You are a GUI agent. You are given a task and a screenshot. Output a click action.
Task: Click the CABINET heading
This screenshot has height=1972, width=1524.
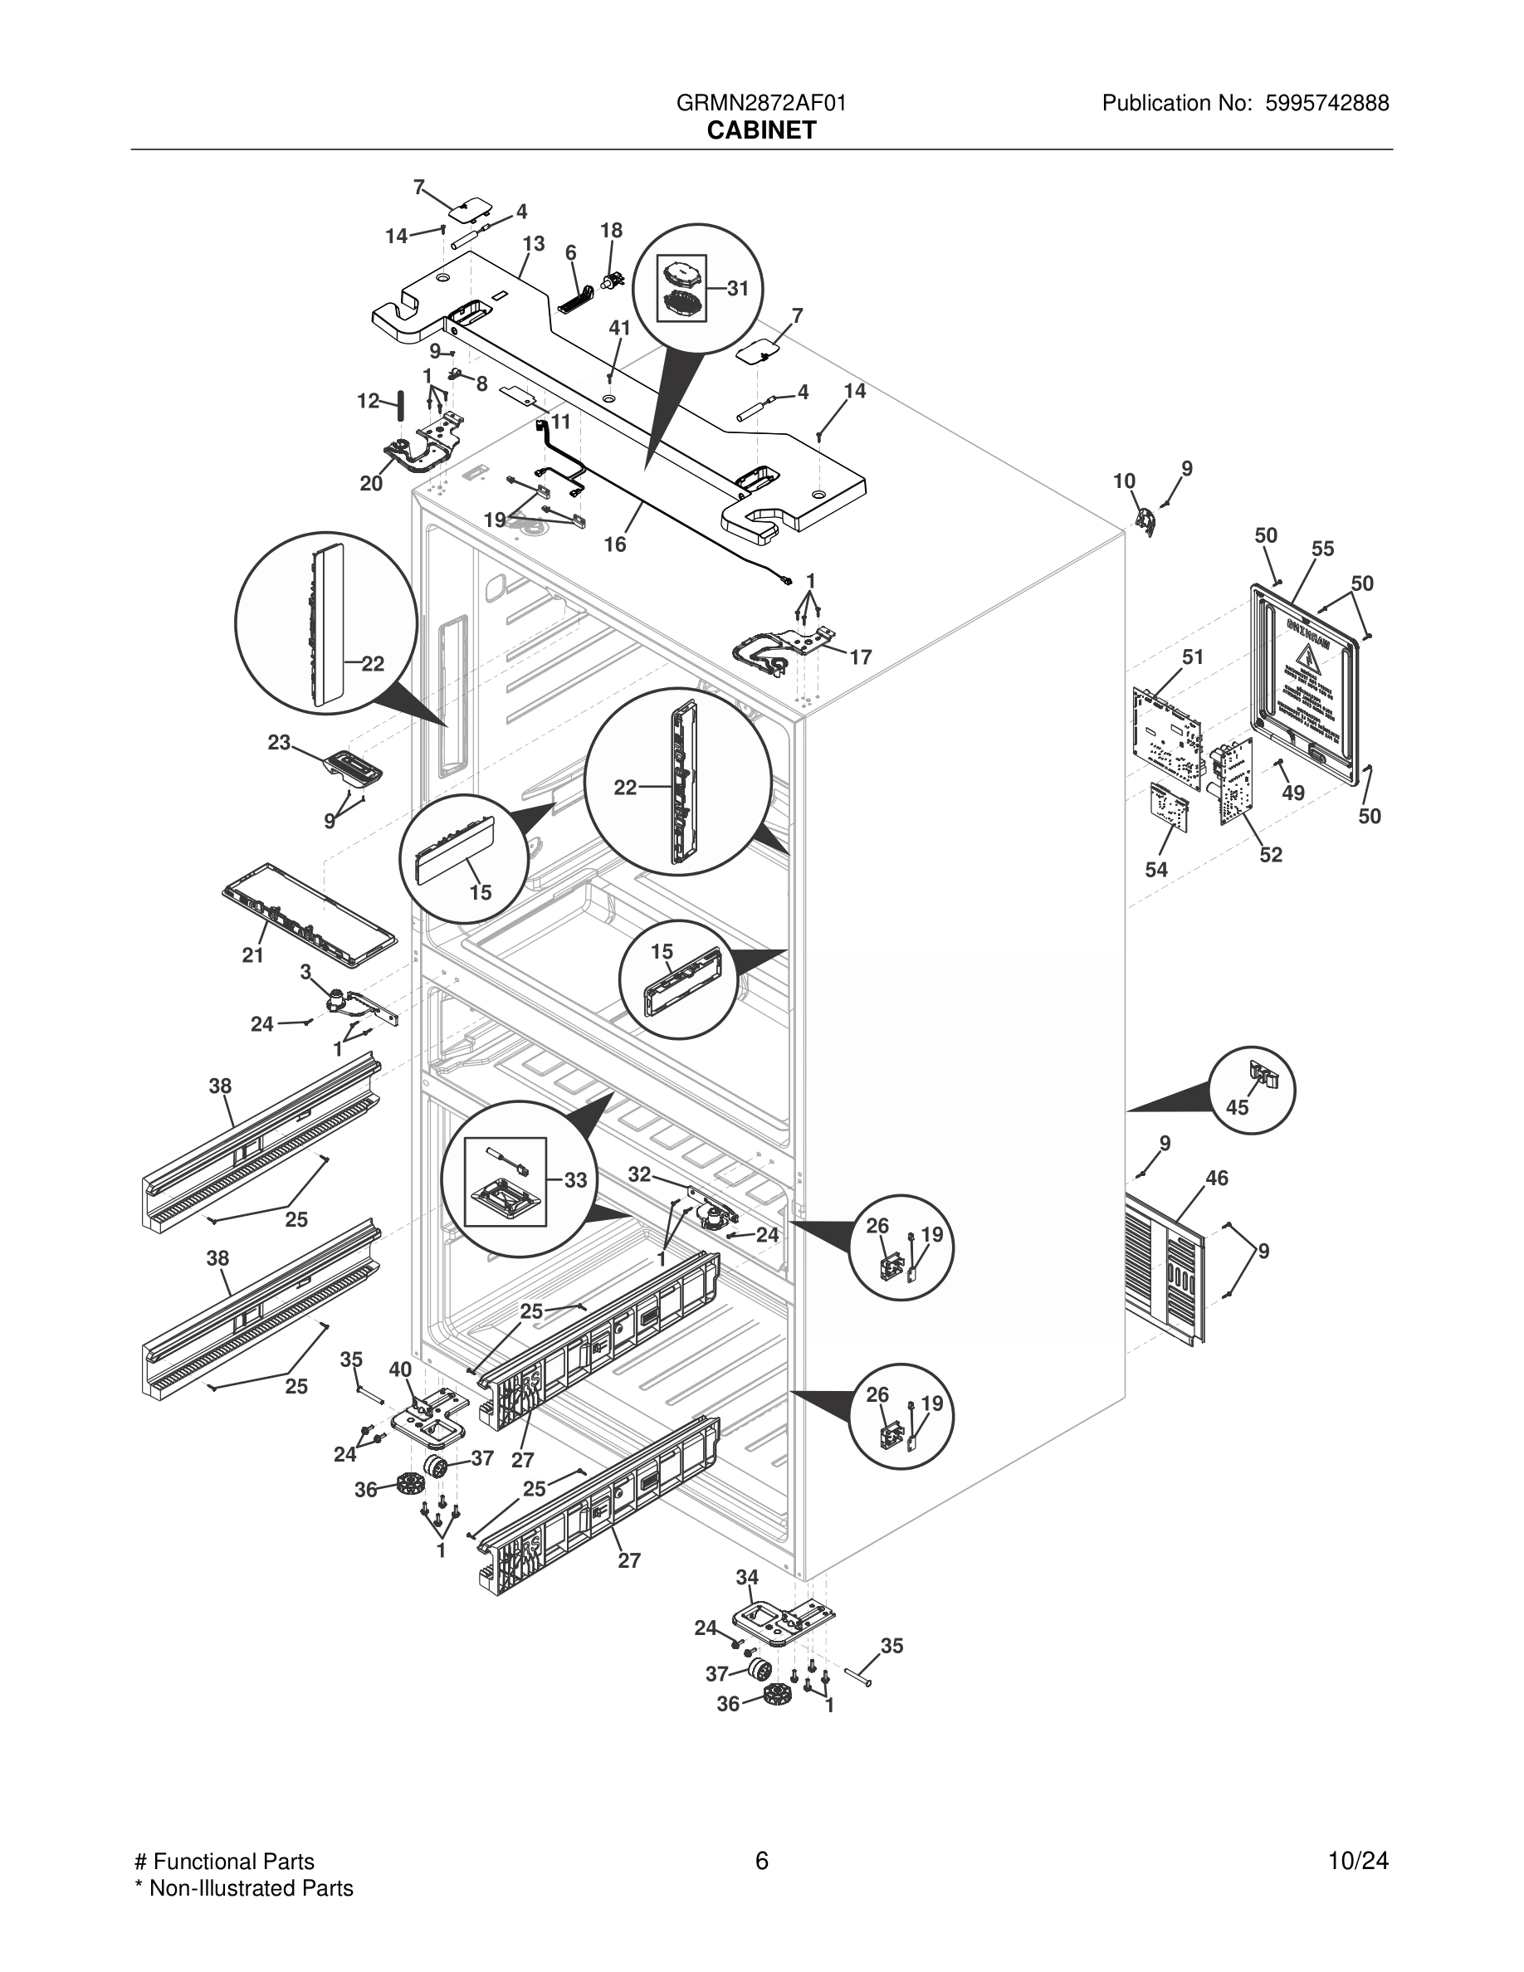pyautogui.click(x=761, y=131)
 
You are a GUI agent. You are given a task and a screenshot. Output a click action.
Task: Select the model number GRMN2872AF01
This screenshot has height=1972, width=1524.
pyautogui.click(x=761, y=103)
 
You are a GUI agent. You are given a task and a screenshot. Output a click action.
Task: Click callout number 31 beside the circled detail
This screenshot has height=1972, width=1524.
pyautogui.click(x=738, y=288)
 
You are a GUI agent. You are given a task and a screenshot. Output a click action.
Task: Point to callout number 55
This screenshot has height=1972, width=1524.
pyautogui.click(x=1322, y=549)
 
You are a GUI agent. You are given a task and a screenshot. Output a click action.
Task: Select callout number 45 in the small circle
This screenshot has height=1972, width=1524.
pyautogui.click(x=1236, y=1107)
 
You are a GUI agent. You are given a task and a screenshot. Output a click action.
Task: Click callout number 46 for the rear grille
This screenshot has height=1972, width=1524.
pyautogui.click(x=1216, y=1178)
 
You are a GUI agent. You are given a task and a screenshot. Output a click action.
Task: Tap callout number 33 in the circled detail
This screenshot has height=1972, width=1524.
pyautogui.click(x=575, y=1180)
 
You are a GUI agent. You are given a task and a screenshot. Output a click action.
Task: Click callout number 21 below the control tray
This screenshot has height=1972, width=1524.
pyautogui.click(x=253, y=955)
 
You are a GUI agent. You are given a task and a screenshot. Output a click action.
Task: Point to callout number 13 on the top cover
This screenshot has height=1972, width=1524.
pyautogui.click(x=534, y=244)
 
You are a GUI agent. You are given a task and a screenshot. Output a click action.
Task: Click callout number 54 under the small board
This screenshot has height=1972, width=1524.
pyautogui.click(x=1155, y=870)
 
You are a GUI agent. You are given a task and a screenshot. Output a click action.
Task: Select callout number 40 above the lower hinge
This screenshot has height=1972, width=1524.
pyautogui.click(x=400, y=1369)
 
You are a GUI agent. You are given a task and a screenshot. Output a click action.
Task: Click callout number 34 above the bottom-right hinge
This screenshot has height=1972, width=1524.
pyautogui.click(x=747, y=1578)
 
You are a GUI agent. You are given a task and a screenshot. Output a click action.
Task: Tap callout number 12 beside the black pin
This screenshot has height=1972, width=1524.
pyautogui.click(x=368, y=401)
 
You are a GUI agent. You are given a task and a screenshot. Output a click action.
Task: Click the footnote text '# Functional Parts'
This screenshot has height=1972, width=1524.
pyautogui.click(x=224, y=1862)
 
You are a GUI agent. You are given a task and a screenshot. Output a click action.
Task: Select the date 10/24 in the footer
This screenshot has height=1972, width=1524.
pyautogui.click(x=1358, y=1861)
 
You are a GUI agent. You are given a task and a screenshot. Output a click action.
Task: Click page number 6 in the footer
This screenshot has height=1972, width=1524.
pyautogui.click(x=761, y=1861)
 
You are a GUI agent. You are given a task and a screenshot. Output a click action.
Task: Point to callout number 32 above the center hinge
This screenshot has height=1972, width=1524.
pyautogui.click(x=639, y=1174)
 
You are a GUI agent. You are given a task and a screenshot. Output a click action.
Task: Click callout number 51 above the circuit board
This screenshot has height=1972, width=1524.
pyautogui.click(x=1193, y=657)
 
